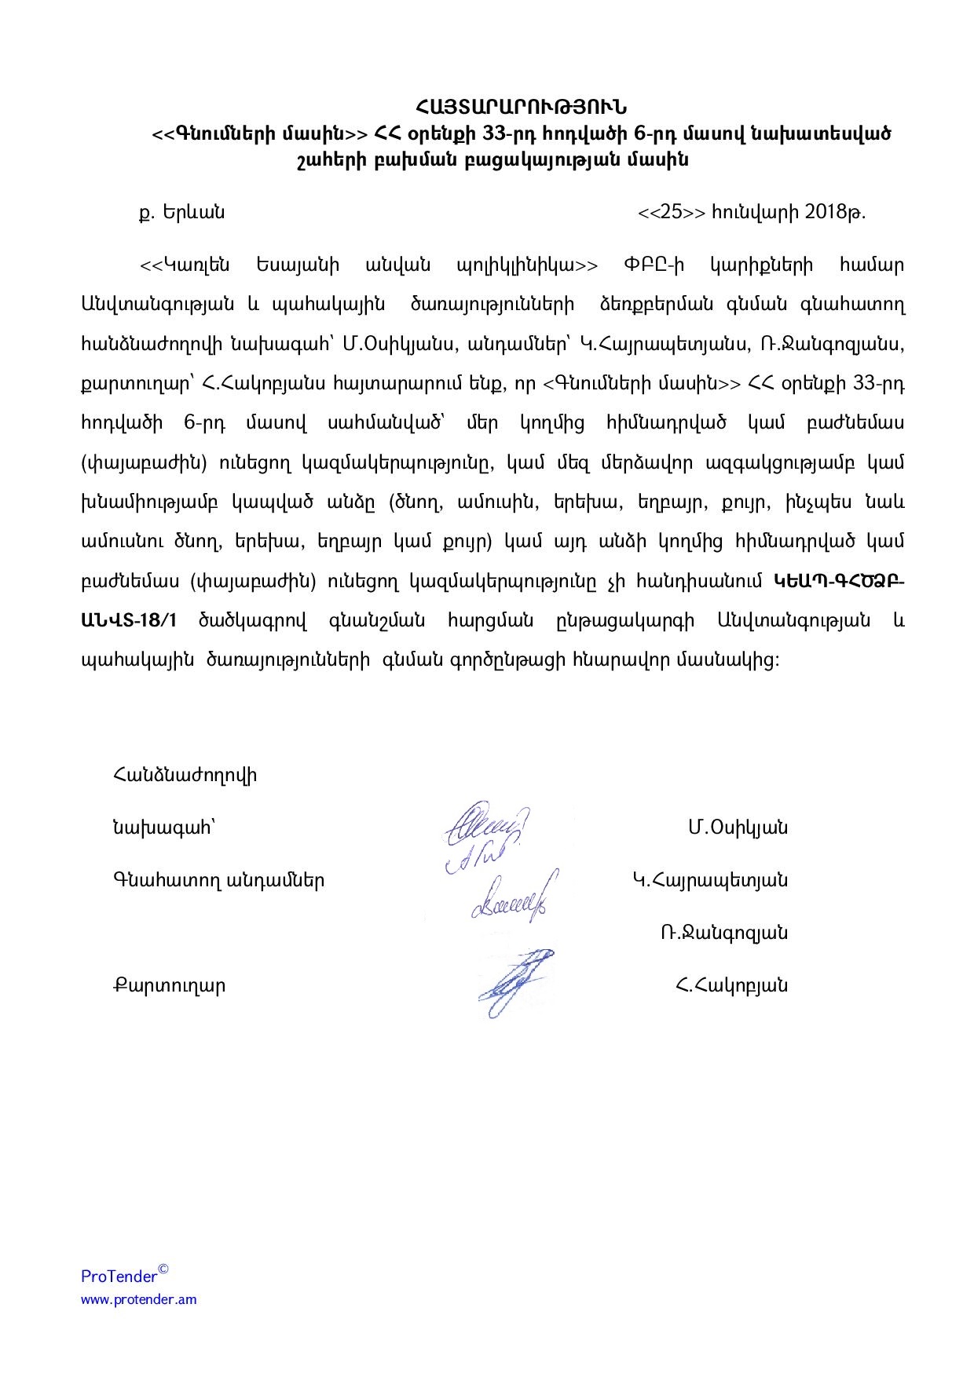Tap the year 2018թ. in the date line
click(x=835, y=212)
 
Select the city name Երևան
click(x=193, y=212)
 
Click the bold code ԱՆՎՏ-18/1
click(x=130, y=620)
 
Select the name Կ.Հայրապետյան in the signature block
click(x=710, y=880)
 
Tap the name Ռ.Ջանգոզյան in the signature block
click(x=723, y=933)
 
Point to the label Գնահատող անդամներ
click(x=218, y=880)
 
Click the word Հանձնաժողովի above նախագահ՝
click(x=185, y=776)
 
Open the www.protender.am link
click(x=139, y=1299)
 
